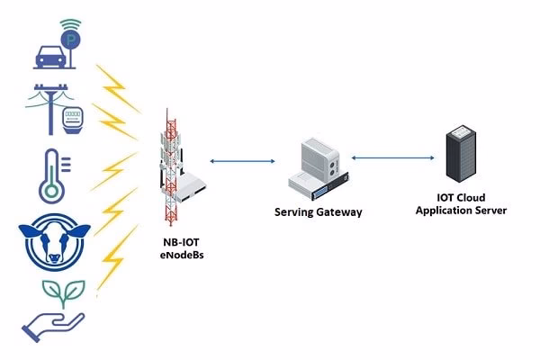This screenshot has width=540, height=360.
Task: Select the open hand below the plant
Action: pos(54,323)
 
